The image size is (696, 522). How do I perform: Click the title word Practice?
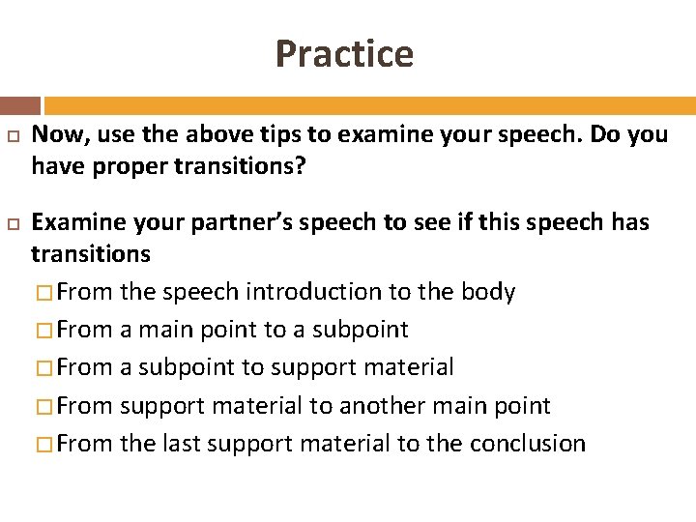(344, 53)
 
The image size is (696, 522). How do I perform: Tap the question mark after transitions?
(300, 167)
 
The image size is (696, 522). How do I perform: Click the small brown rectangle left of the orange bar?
(20, 105)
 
